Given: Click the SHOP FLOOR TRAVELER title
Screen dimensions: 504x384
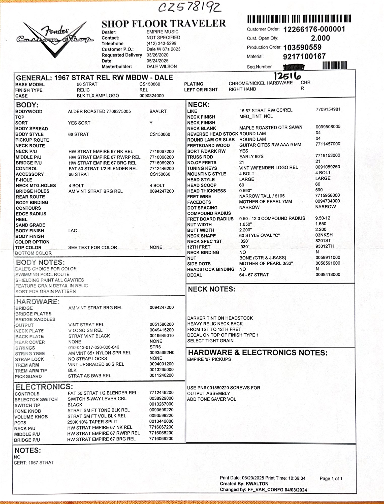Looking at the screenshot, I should tap(164, 24).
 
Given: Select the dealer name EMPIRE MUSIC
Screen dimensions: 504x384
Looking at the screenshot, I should tap(162, 32).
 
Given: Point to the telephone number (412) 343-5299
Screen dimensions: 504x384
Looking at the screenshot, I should tap(161, 43).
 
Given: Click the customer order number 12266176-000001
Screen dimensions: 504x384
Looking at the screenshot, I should tap(314, 29).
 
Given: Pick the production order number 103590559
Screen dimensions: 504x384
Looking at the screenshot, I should tap(302, 47).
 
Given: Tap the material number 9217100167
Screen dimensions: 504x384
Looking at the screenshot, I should tap(304, 56).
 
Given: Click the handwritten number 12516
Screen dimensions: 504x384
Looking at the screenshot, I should tap(287, 76).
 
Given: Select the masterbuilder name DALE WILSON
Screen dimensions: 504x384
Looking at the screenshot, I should tap(162, 67).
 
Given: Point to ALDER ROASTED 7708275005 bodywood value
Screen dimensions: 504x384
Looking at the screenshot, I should tap(99, 111).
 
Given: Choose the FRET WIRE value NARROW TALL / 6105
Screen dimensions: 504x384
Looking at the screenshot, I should tap(262, 196).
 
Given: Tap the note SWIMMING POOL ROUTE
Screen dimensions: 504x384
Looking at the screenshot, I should tap(42, 274).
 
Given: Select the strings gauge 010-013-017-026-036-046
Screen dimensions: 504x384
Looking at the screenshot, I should tap(94, 347).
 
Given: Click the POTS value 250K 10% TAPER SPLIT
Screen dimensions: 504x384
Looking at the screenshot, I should tap(92, 422).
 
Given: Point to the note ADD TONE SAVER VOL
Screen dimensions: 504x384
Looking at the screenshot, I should tap(211, 399).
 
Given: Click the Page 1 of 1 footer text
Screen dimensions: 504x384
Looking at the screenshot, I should tap(331, 479).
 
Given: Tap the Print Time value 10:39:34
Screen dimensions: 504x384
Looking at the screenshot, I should tap(297, 478).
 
